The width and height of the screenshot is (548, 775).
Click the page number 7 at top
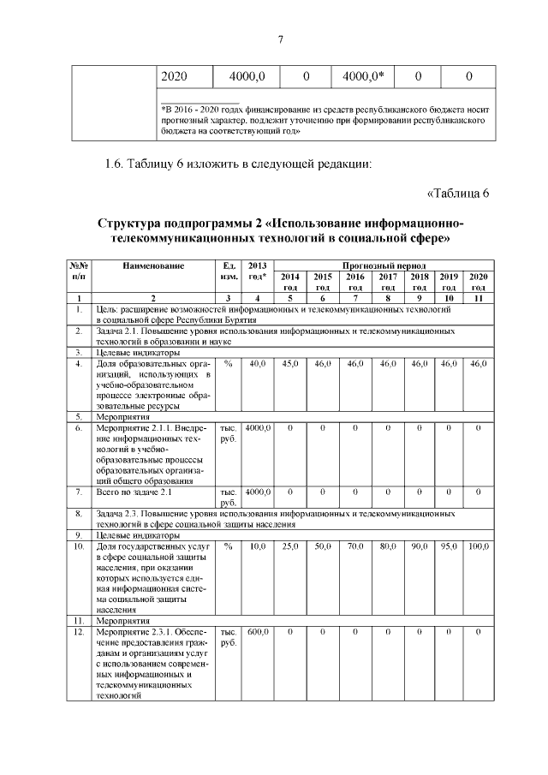click(280, 38)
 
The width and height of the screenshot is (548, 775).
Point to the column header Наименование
click(153, 265)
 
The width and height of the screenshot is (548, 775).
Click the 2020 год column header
click(479, 282)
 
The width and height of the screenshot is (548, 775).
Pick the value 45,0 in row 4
click(290, 365)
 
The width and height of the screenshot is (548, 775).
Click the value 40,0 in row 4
click(256, 365)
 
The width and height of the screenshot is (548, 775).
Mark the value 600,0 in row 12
click(256, 632)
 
